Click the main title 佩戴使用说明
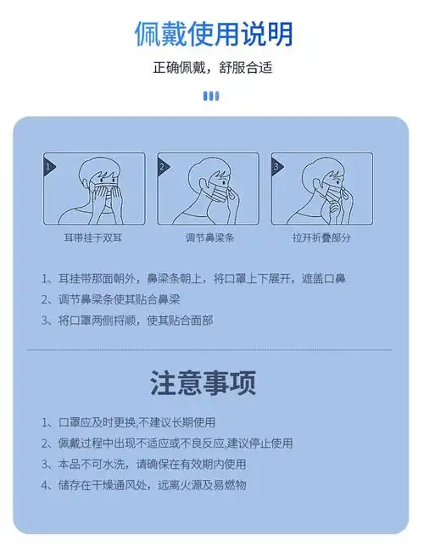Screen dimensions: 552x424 pos(212,33)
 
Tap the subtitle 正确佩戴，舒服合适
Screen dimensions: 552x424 pos(212,68)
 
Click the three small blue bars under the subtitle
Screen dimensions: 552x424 pos(212,96)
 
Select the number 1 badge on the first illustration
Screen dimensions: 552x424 pos(49,167)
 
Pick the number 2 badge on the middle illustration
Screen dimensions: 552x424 pos(163,167)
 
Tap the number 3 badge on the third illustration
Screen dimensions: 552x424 pos(276,167)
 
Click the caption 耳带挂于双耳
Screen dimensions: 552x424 pos(93,238)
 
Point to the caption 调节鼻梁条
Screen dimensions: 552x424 pos(209,238)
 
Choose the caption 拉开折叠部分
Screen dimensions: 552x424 pos(322,238)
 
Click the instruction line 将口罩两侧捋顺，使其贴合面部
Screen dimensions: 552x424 pos(127,321)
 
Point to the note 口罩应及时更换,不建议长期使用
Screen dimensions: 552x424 pos(128,421)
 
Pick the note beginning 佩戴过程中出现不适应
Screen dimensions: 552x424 pos(166,443)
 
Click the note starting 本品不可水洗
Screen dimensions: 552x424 pos(143,464)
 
